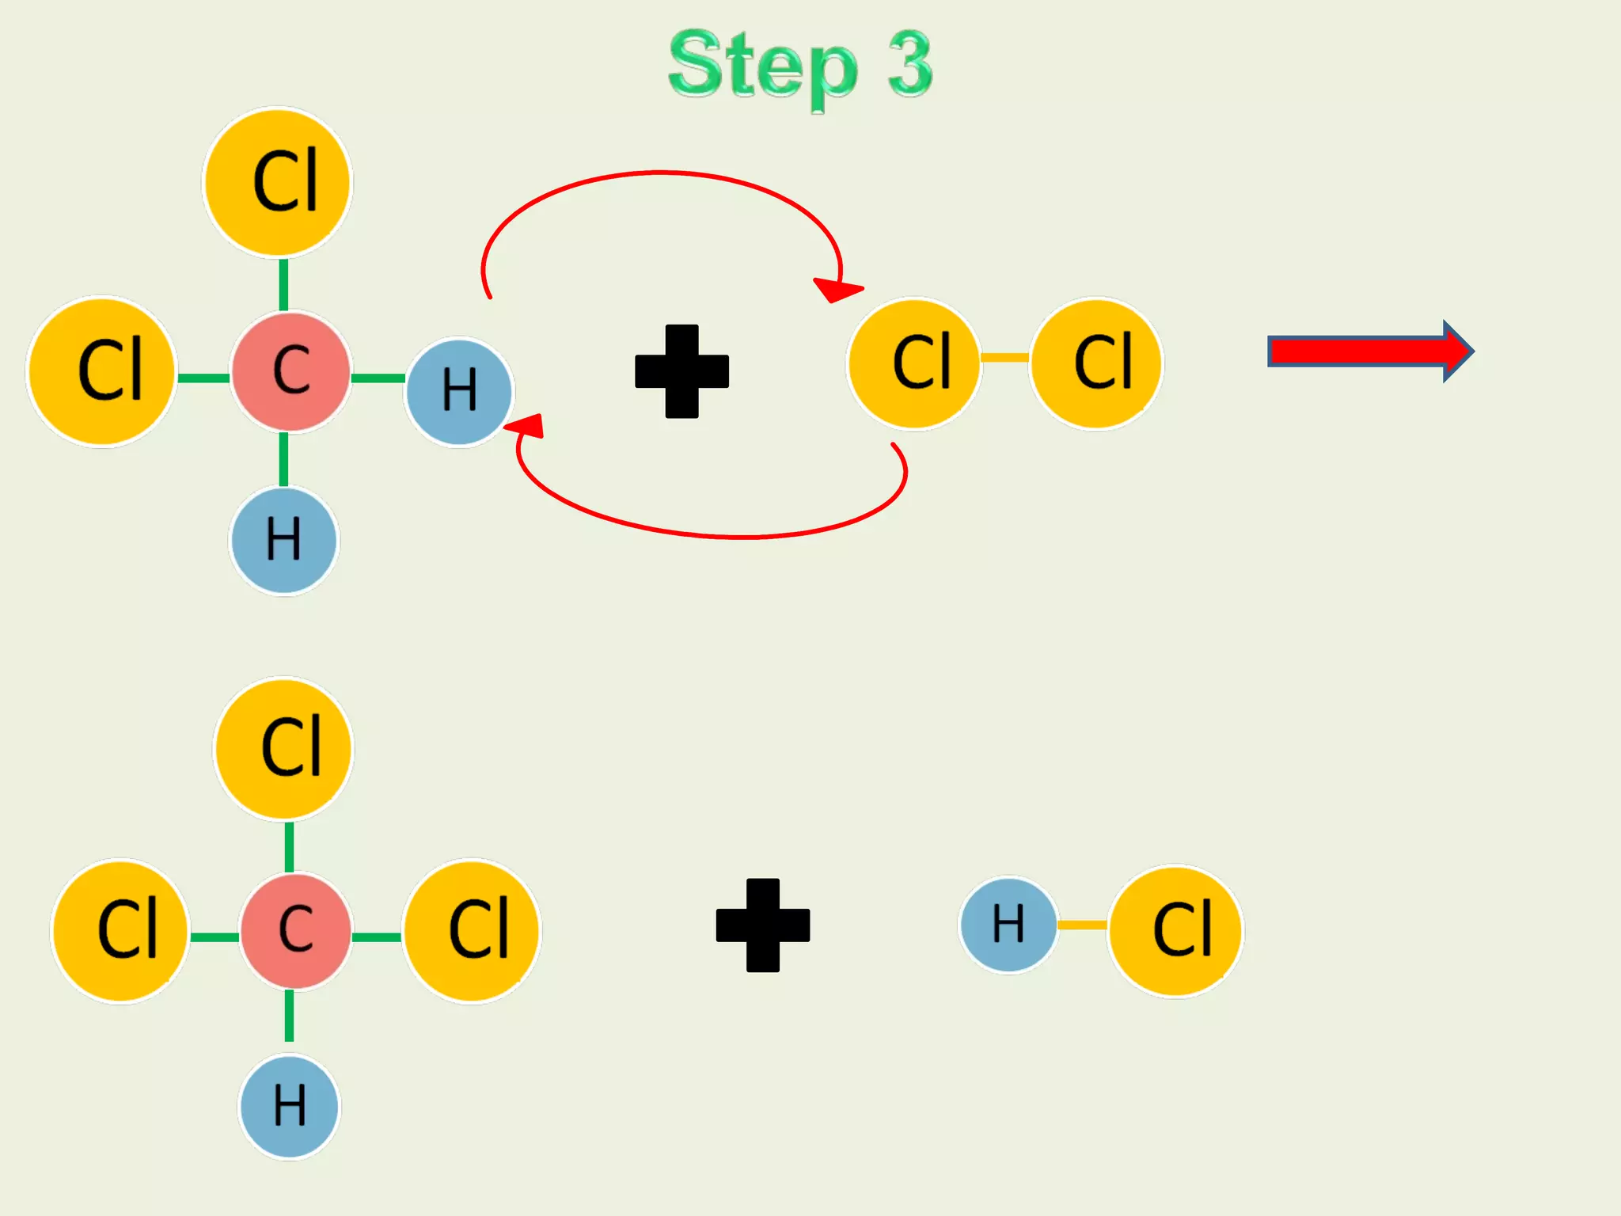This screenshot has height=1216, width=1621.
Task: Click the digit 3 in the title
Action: [910, 65]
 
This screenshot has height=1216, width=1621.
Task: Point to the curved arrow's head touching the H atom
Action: [527, 427]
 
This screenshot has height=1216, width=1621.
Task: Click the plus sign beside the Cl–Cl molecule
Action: [681, 371]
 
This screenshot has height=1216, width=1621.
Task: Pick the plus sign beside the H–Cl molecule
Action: [762, 925]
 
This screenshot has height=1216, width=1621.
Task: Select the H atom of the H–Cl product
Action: [1008, 925]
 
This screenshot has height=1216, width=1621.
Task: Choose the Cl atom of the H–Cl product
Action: [1176, 931]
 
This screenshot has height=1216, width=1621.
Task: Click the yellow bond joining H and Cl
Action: [1082, 925]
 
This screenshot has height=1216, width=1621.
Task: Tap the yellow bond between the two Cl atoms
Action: [1004, 358]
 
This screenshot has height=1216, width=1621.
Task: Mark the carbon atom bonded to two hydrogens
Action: [290, 372]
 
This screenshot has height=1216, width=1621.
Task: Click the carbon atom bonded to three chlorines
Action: [295, 931]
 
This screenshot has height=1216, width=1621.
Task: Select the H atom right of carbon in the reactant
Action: [459, 392]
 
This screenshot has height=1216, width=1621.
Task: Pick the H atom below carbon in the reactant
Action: [283, 540]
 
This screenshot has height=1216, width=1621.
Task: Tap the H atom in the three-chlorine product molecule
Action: [289, 1107]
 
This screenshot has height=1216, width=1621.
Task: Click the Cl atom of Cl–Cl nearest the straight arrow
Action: [1096, 363]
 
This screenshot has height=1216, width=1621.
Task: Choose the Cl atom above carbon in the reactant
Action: [277, 182]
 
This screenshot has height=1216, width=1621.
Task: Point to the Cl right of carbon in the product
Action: [472, 931]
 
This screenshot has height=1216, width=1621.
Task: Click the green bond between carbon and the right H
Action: [378, 378]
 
